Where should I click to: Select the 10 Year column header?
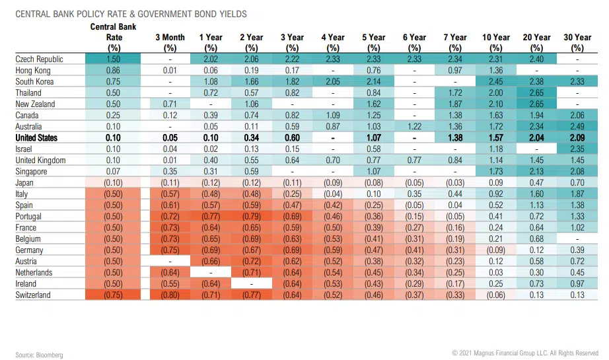coord(496,42)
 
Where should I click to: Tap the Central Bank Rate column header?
coord(114,37)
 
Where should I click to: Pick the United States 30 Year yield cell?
coord(577,138)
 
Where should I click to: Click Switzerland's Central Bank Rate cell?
coord(114,295)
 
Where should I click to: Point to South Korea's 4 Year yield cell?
coord(333,82)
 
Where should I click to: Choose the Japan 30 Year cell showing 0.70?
coord(577,183)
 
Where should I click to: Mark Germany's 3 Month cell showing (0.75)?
coord(170,250)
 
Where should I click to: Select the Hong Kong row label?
coord(33,71)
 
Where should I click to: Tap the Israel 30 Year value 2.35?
coord(577,149)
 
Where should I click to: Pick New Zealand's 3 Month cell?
coord(170,104)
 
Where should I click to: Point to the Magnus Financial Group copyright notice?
coord(525,353)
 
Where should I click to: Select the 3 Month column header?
coord(170,42)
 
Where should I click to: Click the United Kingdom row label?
coord(41,161)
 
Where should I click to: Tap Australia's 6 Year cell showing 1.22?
coord(415,127)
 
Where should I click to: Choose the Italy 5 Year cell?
coord(374,194)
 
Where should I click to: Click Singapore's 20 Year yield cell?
coord(536,172)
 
